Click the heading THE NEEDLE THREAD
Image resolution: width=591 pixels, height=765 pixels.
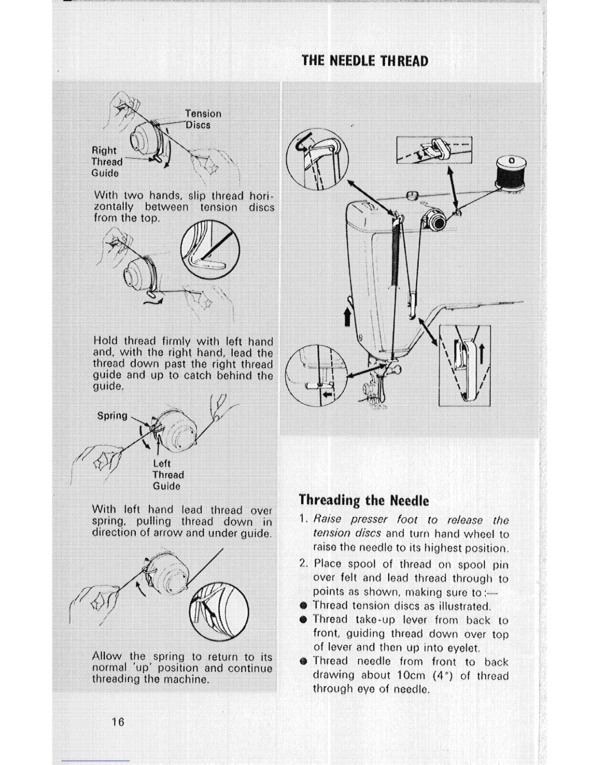tap(365, 61)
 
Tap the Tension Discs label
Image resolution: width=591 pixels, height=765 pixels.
tap(203, 119)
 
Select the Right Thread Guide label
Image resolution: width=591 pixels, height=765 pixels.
tap(107, 161)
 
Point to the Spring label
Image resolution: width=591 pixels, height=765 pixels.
tap(112, 416)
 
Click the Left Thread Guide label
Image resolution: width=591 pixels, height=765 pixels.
tap(168, 475)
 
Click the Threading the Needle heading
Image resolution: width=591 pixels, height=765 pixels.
tap(364, 500)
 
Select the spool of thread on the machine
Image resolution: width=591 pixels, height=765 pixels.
tap(510, 172)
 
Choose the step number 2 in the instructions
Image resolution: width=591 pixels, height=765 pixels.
tap(303, 564)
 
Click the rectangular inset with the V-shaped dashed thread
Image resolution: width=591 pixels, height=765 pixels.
tap(464, 366)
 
